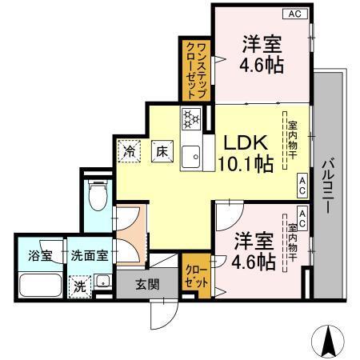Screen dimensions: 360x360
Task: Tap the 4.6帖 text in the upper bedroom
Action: pyautogui.click(x=260, y=65)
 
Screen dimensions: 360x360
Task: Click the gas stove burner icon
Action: pyautogui.click(x=191, y=118)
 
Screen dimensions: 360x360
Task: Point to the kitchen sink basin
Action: pyautogui.click(x=191, y=158)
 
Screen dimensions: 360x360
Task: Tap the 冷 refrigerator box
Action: pyautogui.click(x=128, y=150)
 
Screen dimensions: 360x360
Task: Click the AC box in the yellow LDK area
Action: pyautogui.click(x=302, y=186)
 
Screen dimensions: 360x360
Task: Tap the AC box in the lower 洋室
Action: pyautogui.click(x=302, y=213)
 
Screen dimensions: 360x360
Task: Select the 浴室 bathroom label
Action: pyautogui.click(x=39, y=256)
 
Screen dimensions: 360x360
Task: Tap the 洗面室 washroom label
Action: pyautogui.click(x=90, y=256)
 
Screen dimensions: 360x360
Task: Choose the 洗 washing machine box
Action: pyautogui.click(x=79, y=286)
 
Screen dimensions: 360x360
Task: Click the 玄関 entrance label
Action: pyautogui.click(x=147, y=284)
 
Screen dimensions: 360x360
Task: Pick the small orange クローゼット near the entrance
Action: pyautogui.click(x=198, y=277)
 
